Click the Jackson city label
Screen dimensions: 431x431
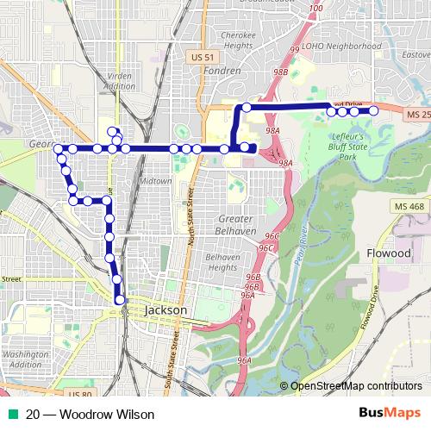(x=166, y=309)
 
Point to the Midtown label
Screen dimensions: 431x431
(x=157, y=183)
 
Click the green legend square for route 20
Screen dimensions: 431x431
(x=9, y=415)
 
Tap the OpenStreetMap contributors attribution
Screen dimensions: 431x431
(x=356, y=386)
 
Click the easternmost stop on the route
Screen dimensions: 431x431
(x=374, y=111)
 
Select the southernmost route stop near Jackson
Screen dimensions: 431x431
(x=120, y=299)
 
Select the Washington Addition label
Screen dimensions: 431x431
(x=25, y=359)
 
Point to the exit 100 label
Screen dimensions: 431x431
(x=315, y=9)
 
